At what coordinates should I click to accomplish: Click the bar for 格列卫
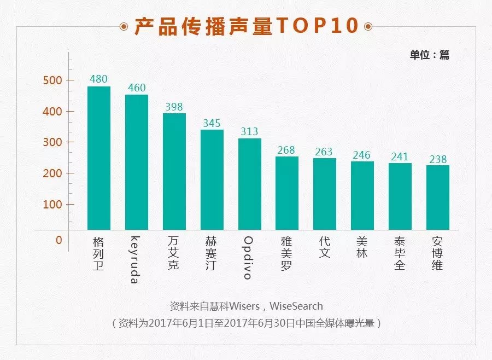point(99,158)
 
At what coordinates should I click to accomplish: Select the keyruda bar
point(137,162)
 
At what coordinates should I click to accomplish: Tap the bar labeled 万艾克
point(174,171)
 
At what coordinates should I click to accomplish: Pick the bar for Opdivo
point(250,184)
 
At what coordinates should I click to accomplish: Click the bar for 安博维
point(438,198)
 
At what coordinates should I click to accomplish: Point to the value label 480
point(98,79)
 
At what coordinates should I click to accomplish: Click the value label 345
point(212,123)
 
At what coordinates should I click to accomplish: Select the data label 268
point(287,150)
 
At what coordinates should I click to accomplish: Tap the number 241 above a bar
point(400,156)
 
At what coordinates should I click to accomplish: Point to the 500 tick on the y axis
point(52,80)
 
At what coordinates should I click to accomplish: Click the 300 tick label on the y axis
point(52,142)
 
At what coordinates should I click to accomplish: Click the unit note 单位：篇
point(429,55)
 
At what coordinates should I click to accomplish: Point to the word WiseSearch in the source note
point(296,306)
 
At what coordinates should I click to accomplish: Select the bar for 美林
point(362,195)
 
